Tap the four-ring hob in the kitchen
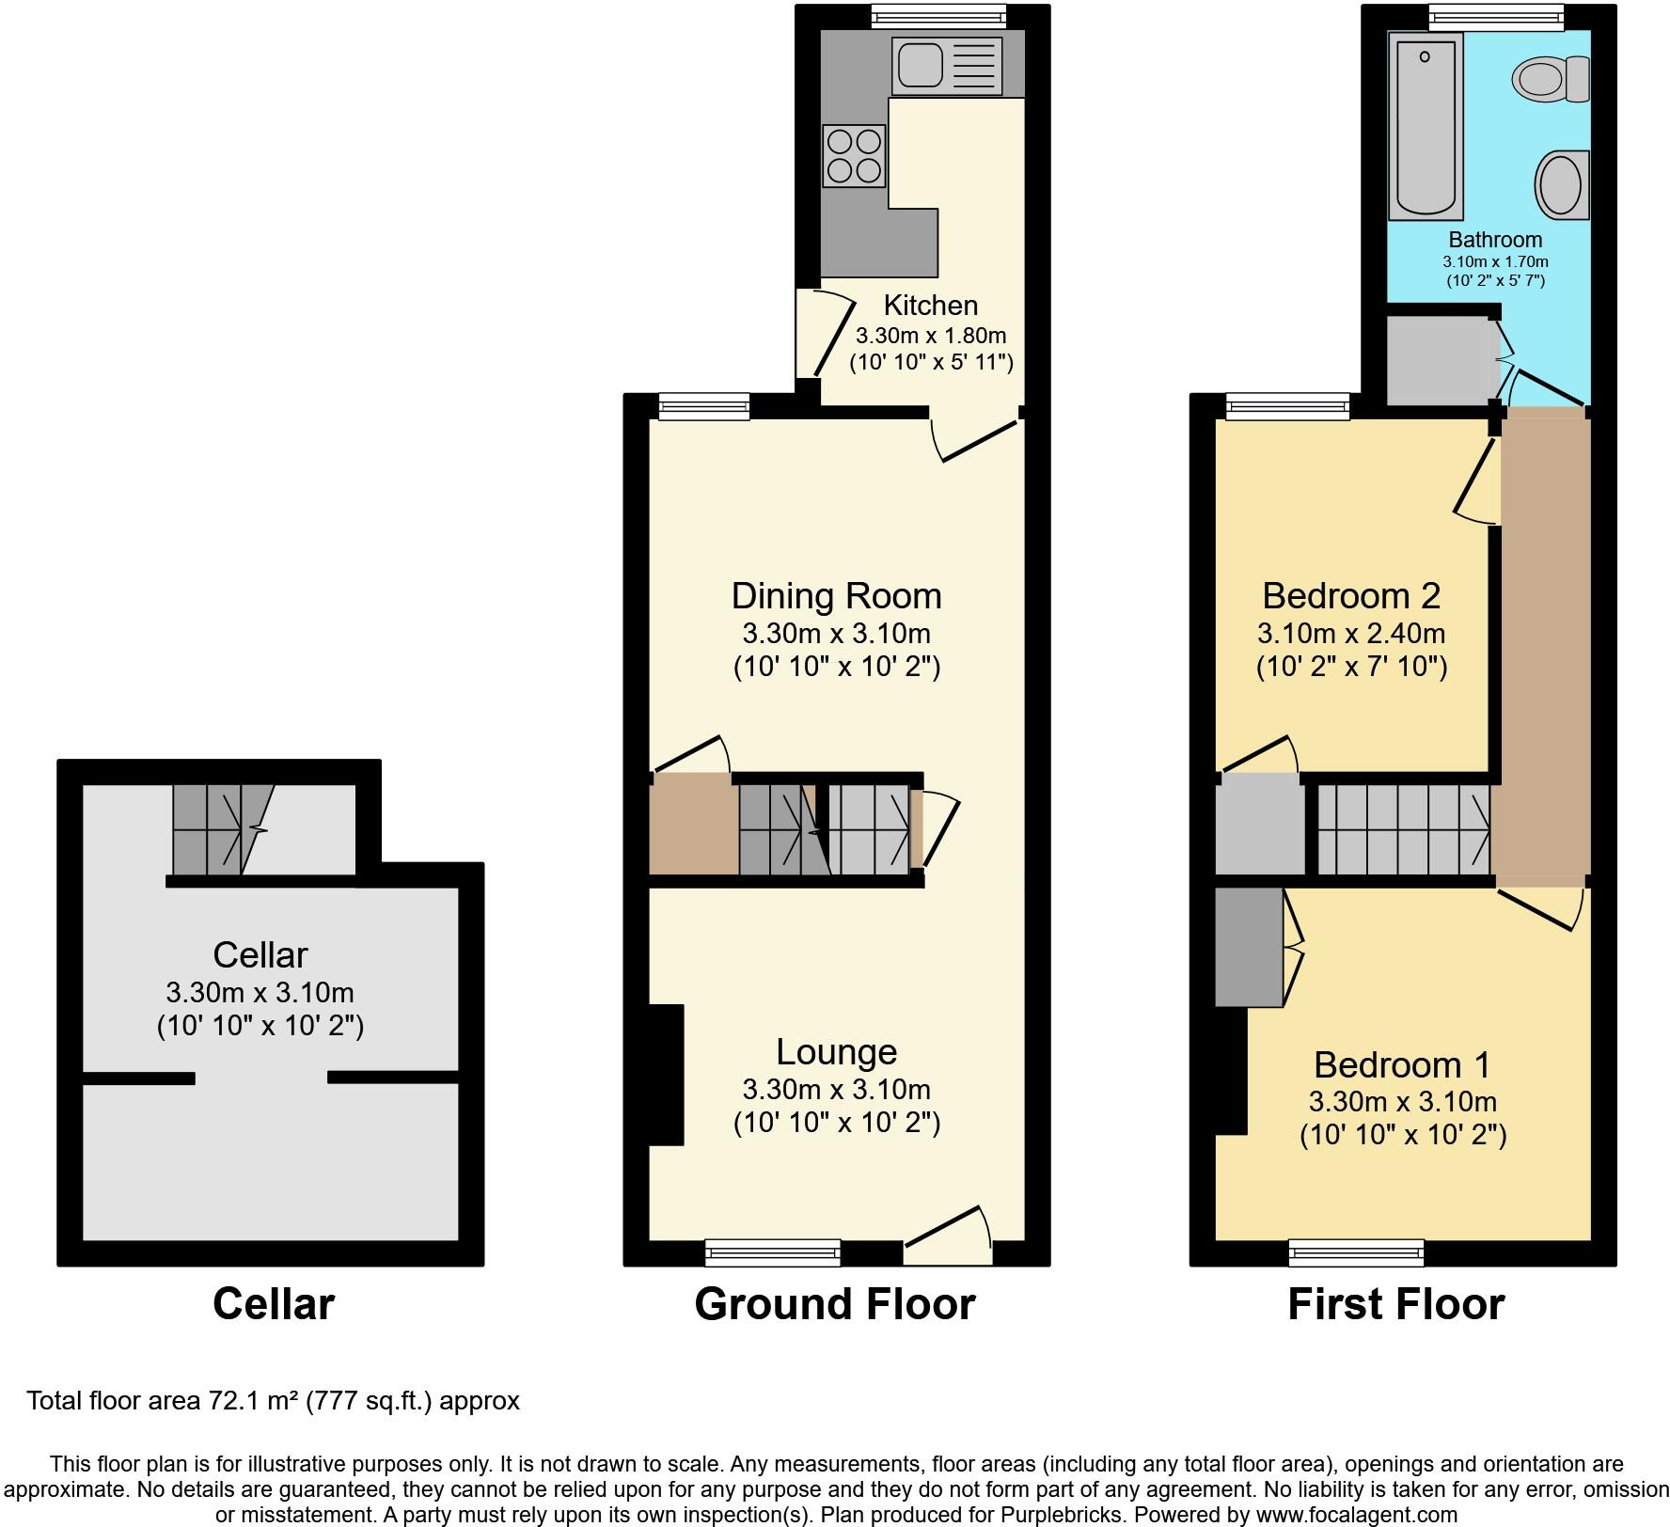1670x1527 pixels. click(854, 156)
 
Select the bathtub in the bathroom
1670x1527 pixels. click(1426, 125)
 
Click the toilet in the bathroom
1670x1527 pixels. click(1550, 79)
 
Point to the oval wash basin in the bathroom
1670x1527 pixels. click(1562, 185)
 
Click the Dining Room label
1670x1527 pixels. click(836, 596)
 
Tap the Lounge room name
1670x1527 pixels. click(836, 1051)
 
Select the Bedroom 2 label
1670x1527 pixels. click(1350, 596)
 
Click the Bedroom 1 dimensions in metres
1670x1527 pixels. click(1402, 1101)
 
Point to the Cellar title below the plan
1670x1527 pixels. click(273, 1304)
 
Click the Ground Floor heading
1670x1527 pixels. click(835, 1304)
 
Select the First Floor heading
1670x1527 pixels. click(1395, 1304)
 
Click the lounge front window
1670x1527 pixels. click(772, 1252)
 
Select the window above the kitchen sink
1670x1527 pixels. click(937, 15)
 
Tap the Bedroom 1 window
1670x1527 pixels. click(1356, 1252)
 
